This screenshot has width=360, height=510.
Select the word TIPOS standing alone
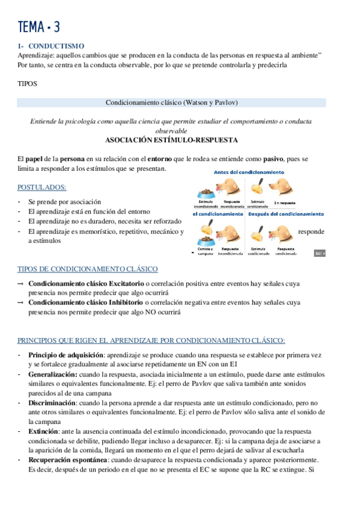coord(28,84)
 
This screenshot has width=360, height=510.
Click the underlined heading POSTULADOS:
coord(42,187)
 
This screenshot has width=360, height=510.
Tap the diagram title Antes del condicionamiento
coord(249,173)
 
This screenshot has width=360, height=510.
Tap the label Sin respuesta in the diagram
coord(284,203)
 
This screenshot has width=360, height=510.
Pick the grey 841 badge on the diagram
coord(320,254)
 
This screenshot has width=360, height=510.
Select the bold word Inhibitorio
coord(129,303)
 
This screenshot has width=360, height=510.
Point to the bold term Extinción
coord(45,431)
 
